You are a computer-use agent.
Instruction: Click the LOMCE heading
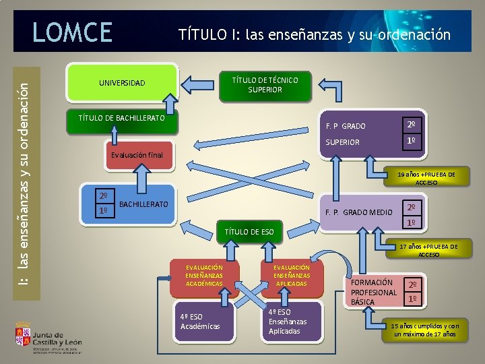click(x=72, y=32)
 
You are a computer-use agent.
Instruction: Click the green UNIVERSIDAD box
click(x=122, y=84)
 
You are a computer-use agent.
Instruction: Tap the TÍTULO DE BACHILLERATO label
click(x=122, y=119)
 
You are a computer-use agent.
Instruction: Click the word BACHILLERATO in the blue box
click(x=143, y=203)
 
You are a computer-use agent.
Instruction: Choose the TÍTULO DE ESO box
click(x=249, y=232)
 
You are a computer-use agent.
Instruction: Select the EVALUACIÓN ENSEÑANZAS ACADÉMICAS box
click(x=204, y=276)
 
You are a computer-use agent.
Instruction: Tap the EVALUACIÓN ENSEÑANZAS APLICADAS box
click(x=291, y=276)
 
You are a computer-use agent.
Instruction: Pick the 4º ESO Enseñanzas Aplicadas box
click(x=288, y=322)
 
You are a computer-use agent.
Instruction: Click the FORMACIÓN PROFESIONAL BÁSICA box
click(x=374, y=292)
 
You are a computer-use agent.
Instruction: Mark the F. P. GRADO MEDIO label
click(x=358, y=213)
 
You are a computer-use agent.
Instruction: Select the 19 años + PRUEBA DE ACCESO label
click(x=426, y=178)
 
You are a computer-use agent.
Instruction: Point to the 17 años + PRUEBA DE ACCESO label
click(x=428, y=251)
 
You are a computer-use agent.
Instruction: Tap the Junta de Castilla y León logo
click(x=48, y=337)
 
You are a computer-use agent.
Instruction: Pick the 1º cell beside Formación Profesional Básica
click(x=413, y=299)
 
